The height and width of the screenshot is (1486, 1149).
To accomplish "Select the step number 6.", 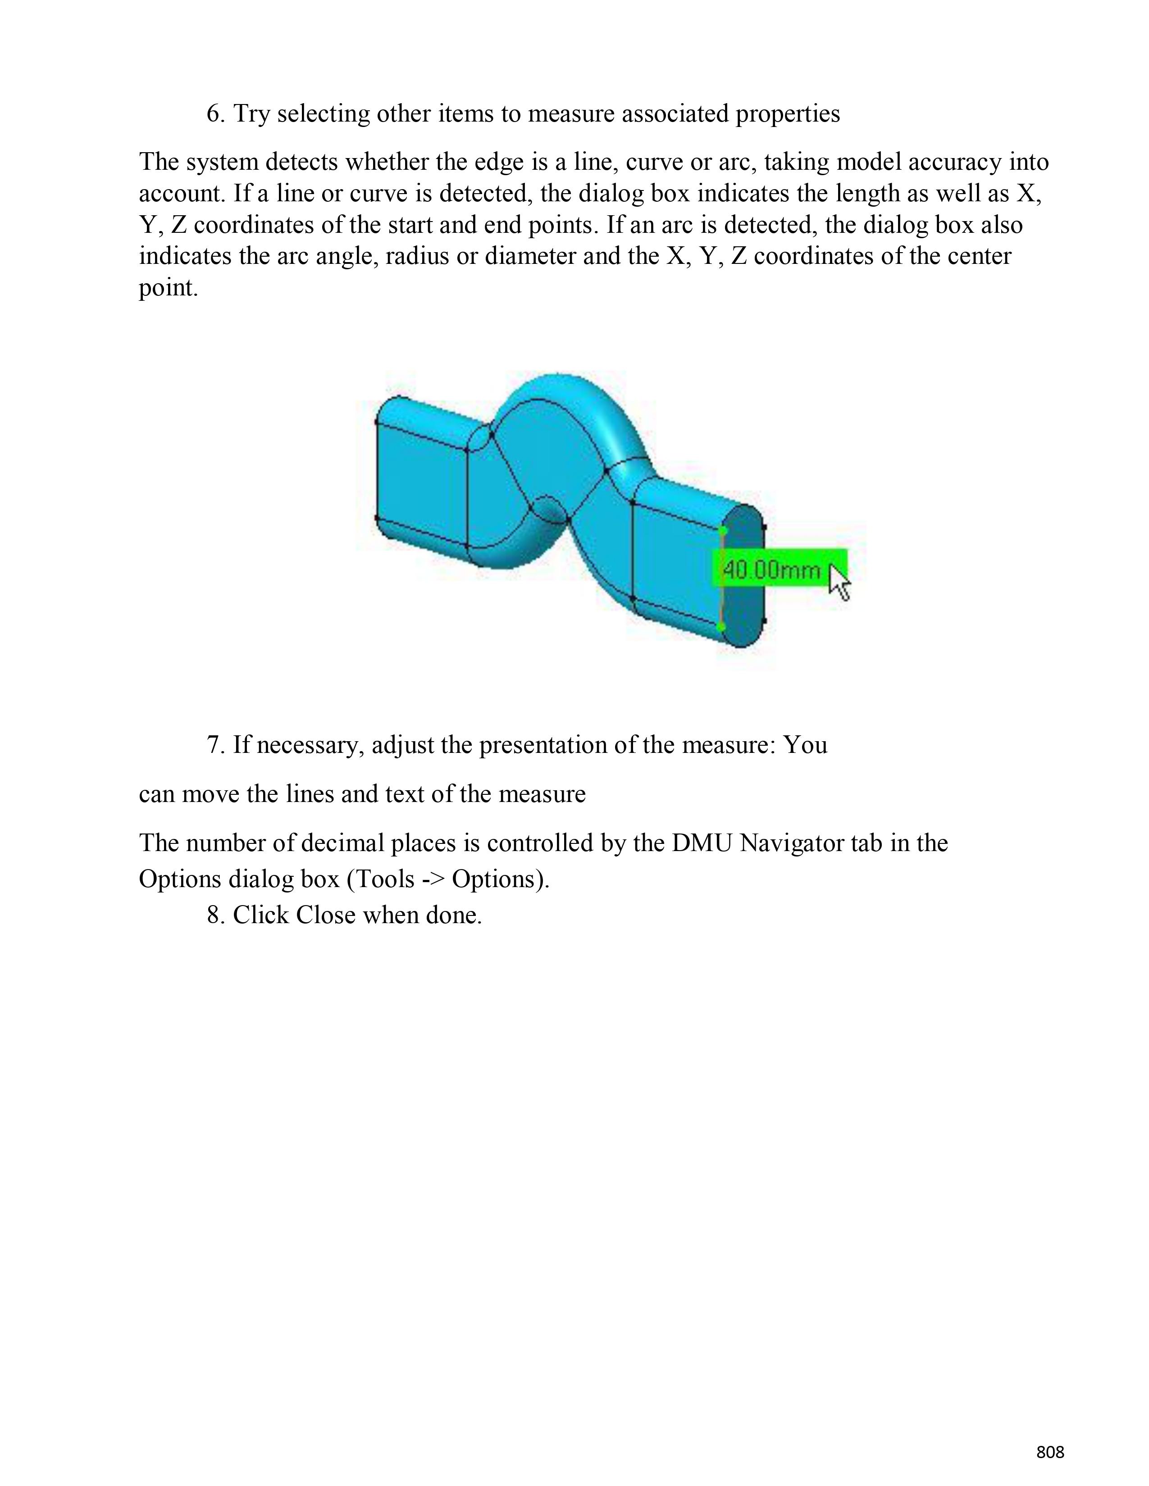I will point(215,113).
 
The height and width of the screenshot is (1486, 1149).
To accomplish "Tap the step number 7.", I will point(215,745).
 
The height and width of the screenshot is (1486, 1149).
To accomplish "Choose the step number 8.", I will point(215,915).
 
